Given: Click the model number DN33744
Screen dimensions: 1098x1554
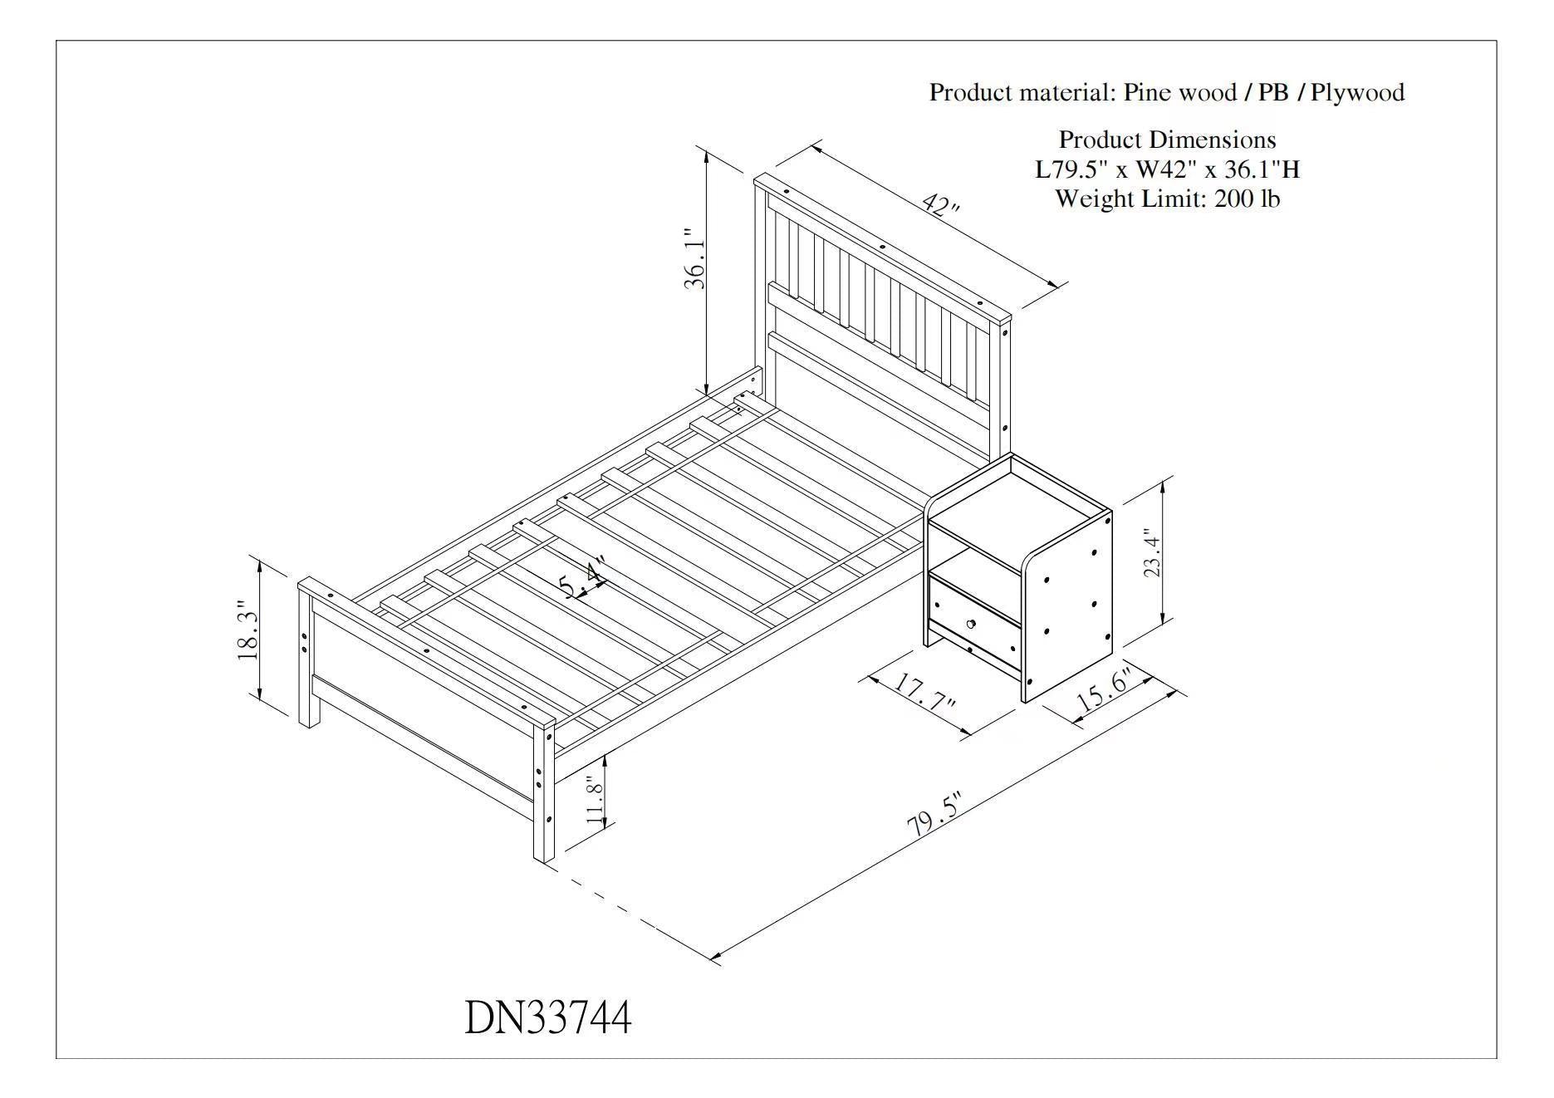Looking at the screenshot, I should [x=547, y=1017].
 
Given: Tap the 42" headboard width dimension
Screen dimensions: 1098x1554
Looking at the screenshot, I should [x=940, y=205].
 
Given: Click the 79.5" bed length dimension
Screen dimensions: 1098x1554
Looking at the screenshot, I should [x=933, y=816].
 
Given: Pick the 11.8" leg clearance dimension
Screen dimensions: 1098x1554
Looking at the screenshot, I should [x=594, y=799].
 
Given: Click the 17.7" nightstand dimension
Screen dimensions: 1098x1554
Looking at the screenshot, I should [x=924, y=693].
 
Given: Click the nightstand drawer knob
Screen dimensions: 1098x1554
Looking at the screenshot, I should [x=970, y=623].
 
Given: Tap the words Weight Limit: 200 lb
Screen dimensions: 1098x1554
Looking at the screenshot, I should [x=1167, y=199].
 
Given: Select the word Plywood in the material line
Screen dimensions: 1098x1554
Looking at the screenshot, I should [x=1357, y=92].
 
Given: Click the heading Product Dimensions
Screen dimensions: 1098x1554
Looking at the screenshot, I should [x=1167, y=140].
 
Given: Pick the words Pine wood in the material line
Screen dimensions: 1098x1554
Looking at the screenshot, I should [x=1180, y=92].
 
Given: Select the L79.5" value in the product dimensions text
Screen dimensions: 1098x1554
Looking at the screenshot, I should [x=1071, y=169].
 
